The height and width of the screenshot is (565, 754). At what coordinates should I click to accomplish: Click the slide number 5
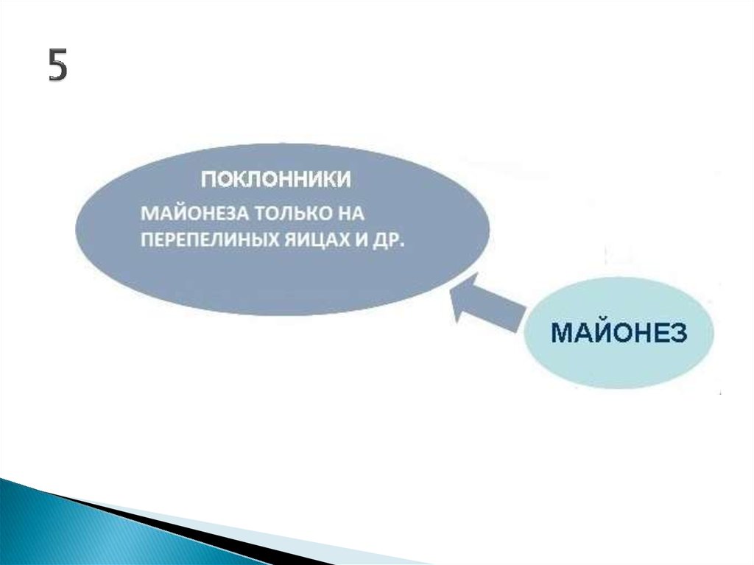point(57,65)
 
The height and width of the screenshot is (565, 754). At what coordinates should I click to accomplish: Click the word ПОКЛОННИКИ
point(275,180)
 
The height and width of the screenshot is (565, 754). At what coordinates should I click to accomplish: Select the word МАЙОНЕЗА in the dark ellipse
point(194,213)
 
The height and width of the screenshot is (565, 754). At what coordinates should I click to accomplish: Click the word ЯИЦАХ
point(317,240)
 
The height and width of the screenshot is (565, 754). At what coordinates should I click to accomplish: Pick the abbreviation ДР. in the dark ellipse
point(389,240)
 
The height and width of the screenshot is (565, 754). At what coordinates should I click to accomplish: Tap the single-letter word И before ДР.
point(362,239)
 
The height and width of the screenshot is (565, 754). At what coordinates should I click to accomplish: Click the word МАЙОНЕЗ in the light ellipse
point(619,332)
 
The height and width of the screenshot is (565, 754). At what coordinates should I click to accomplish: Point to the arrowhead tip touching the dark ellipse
point(449,289)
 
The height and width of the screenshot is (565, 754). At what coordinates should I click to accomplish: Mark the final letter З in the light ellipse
point(678,332)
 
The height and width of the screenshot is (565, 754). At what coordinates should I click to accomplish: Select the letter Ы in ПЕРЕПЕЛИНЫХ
point(258,239)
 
